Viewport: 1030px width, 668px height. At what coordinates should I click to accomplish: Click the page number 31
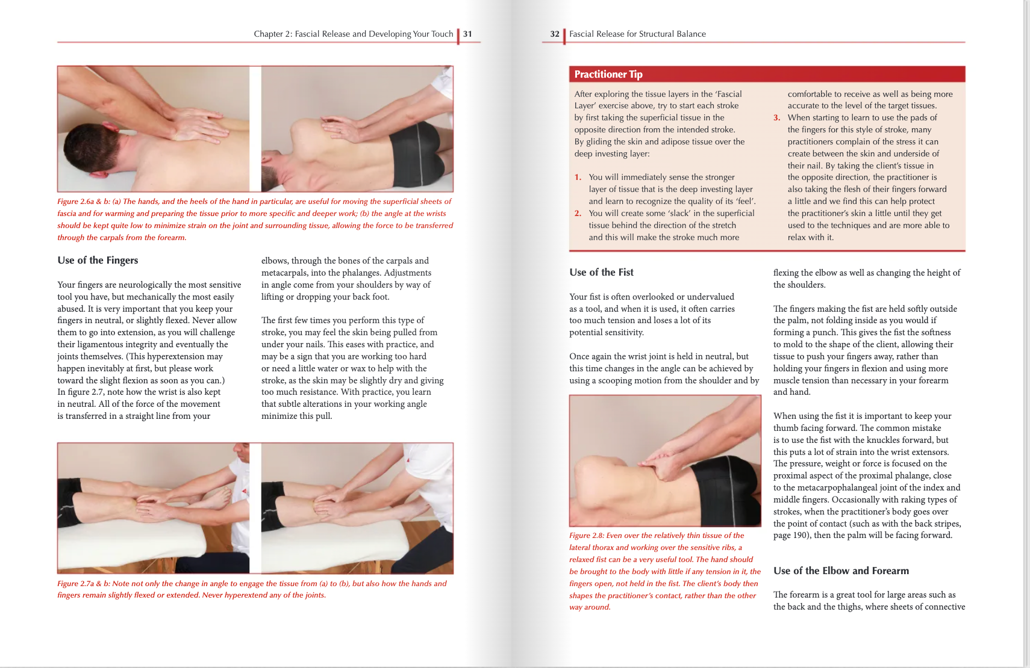tap(467, 34)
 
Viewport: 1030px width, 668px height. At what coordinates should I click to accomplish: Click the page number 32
tap(555, 34)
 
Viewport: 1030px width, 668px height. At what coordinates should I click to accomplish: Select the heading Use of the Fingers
tap(98, 260)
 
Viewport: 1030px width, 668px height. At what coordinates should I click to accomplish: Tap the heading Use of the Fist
tap(601, 272)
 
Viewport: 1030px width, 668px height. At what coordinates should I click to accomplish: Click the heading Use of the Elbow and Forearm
tap(841, 571)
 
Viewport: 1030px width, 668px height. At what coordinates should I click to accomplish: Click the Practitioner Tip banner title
tap(608, 74)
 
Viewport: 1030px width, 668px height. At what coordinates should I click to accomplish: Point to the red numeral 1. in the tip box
tap(578, 177)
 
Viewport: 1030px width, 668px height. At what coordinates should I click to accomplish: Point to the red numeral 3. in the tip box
tap(776, 117)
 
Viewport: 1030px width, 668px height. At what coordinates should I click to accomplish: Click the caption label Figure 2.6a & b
tap(84, 202)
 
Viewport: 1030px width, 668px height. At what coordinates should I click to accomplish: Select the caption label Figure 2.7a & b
tap(84, 584)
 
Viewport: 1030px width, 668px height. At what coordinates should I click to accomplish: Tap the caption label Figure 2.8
tap(586, 536)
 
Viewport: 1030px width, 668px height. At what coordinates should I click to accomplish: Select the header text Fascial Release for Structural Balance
tap(637, 34)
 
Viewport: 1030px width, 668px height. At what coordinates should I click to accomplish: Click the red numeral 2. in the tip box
tap(578, 213)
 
